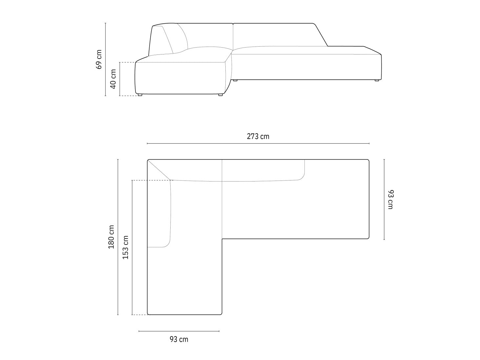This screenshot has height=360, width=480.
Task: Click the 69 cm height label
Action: coord(99,59)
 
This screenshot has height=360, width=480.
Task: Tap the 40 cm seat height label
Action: coord(113,79)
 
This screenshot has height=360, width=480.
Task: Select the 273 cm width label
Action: coord(258,137)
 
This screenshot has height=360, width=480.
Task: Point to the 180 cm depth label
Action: coord(111,237)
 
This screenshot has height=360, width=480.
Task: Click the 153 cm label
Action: coord(125,247)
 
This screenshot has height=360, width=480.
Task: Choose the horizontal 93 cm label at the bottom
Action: coord(179,339)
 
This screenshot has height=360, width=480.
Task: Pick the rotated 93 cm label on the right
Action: coord(390,200)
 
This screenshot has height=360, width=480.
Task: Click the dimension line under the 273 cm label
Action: coord(258,143)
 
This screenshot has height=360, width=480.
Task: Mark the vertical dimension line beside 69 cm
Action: coord(105,59)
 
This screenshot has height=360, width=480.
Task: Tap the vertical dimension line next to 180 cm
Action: coord(118,237)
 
